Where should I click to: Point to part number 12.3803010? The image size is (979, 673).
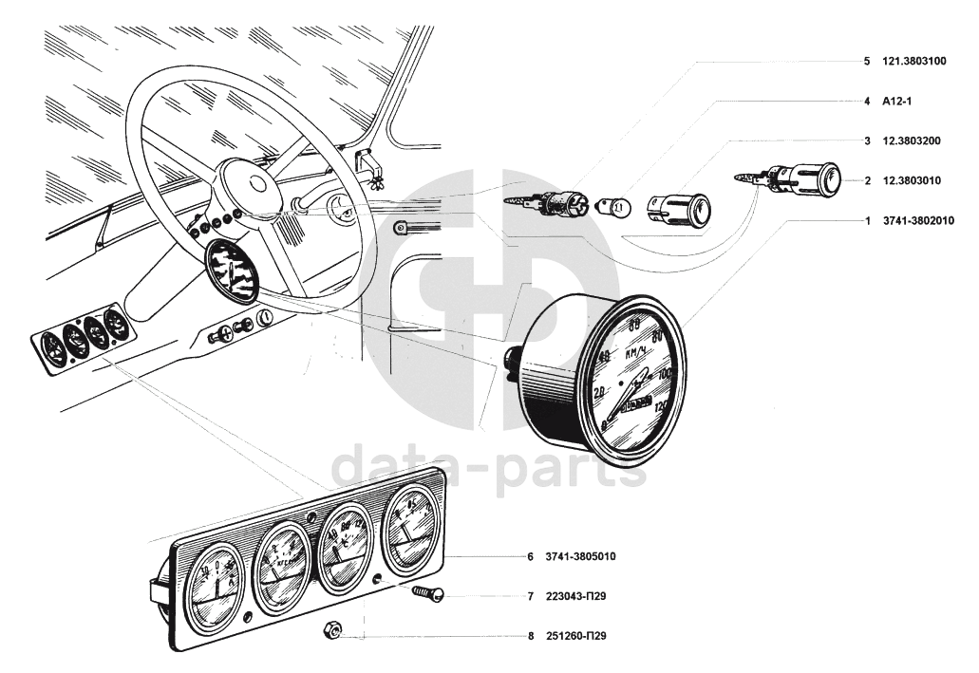tap(912, 179)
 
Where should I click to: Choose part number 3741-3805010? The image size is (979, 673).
tap(582, 557)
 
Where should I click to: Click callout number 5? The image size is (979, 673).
tap(867, 61)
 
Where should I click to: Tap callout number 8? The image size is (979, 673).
tap(531, 636)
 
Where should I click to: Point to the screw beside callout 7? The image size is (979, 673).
tap(428, 595)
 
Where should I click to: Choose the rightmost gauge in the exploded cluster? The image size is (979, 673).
tap(411, 532)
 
